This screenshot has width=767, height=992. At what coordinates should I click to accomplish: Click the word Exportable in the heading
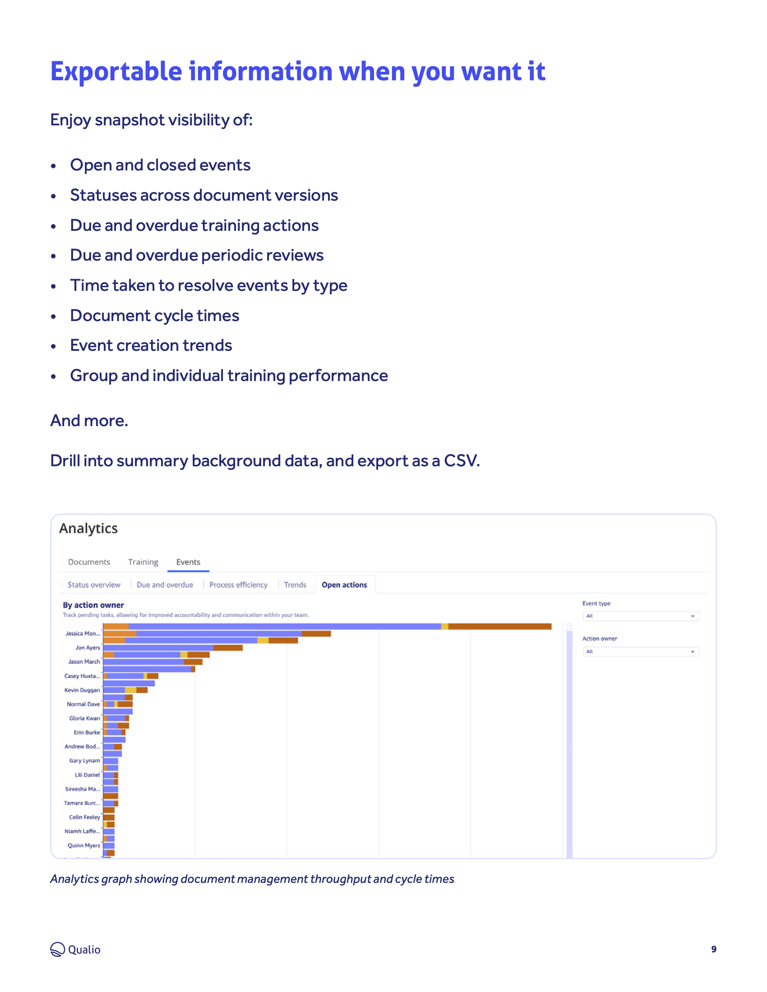116,72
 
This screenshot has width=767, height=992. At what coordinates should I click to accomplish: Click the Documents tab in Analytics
89,562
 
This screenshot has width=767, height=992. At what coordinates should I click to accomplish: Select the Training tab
143,562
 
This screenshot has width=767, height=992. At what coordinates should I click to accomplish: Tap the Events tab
188,562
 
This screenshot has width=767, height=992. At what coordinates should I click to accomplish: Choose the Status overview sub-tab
94,584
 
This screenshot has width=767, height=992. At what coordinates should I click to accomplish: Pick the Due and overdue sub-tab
165,584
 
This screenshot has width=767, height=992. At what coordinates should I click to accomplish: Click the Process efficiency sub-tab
238,584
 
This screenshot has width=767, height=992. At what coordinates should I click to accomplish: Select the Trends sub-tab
295,584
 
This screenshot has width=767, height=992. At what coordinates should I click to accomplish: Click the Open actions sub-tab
344,584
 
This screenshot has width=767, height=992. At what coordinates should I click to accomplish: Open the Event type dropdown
641,616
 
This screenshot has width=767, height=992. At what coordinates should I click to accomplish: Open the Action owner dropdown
641,652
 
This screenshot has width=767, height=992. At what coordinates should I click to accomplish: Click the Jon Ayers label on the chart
88,647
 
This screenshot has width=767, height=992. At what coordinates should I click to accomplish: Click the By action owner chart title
93,605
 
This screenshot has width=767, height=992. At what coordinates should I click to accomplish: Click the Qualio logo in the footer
75,949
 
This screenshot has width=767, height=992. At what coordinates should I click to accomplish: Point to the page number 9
714,949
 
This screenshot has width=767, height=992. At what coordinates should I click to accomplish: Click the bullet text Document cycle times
154,315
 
